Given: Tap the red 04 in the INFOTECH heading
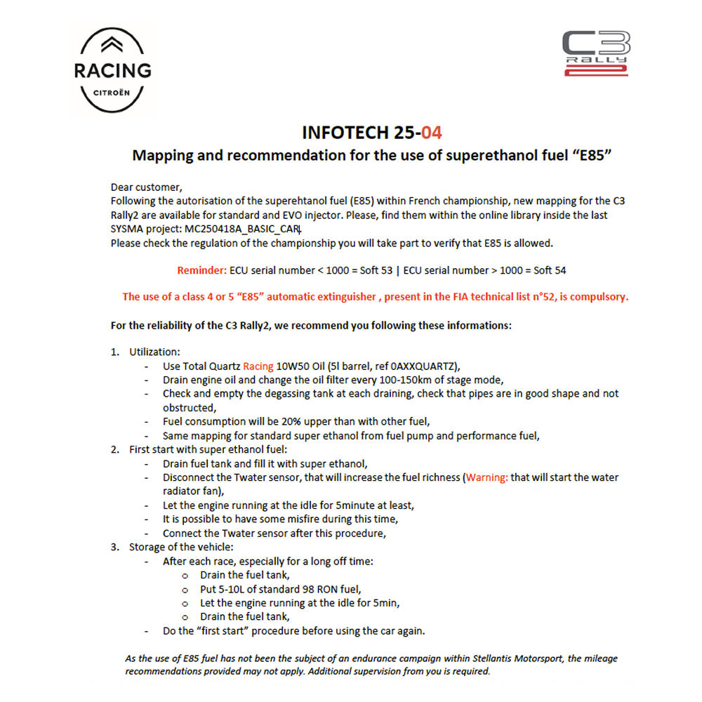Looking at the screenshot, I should [x=432, y=133].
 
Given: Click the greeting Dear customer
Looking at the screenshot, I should [x=146, y=187].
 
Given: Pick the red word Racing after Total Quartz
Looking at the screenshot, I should [x=258, y=366].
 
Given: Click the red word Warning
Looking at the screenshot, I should [x=487, y=477].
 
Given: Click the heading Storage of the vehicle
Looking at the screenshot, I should [x=181, y=547].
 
